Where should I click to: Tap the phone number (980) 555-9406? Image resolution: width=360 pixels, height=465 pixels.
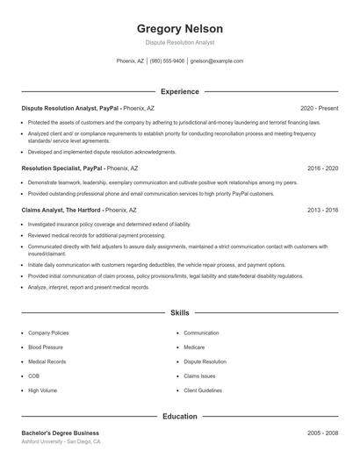tap(167, 61)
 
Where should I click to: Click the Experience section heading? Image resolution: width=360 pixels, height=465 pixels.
tap(180, 91)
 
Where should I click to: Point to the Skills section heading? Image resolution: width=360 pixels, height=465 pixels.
tap(180, 312)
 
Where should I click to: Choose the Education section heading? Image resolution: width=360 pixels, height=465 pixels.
tap(180, 418)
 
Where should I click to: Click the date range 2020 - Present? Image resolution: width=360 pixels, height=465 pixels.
tap(319, 108)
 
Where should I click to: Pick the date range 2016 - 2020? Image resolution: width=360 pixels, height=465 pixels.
tap(322, 167)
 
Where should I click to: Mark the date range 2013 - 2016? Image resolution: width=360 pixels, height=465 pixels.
tap(322, 211)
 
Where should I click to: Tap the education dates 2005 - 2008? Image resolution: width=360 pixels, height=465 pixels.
tap(322, 433)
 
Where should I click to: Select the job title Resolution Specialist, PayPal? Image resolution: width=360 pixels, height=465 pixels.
tap(62, 167)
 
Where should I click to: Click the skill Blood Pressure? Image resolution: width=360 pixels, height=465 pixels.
tap(47, 347)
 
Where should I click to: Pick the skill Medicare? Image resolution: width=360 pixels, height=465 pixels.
tap(194, 347)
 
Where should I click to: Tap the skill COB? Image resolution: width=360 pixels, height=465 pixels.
tap(33, 376)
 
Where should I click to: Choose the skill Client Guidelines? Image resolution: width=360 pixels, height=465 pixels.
tap(204, 390)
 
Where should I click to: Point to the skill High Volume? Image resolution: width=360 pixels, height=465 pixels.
tap(42, 390)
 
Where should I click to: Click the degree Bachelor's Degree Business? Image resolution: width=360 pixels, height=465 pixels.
tap(60, 433)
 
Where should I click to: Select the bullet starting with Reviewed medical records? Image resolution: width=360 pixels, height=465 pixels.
tap(96, 235)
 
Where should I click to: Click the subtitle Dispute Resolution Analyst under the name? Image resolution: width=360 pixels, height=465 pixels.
tap(180, 42)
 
